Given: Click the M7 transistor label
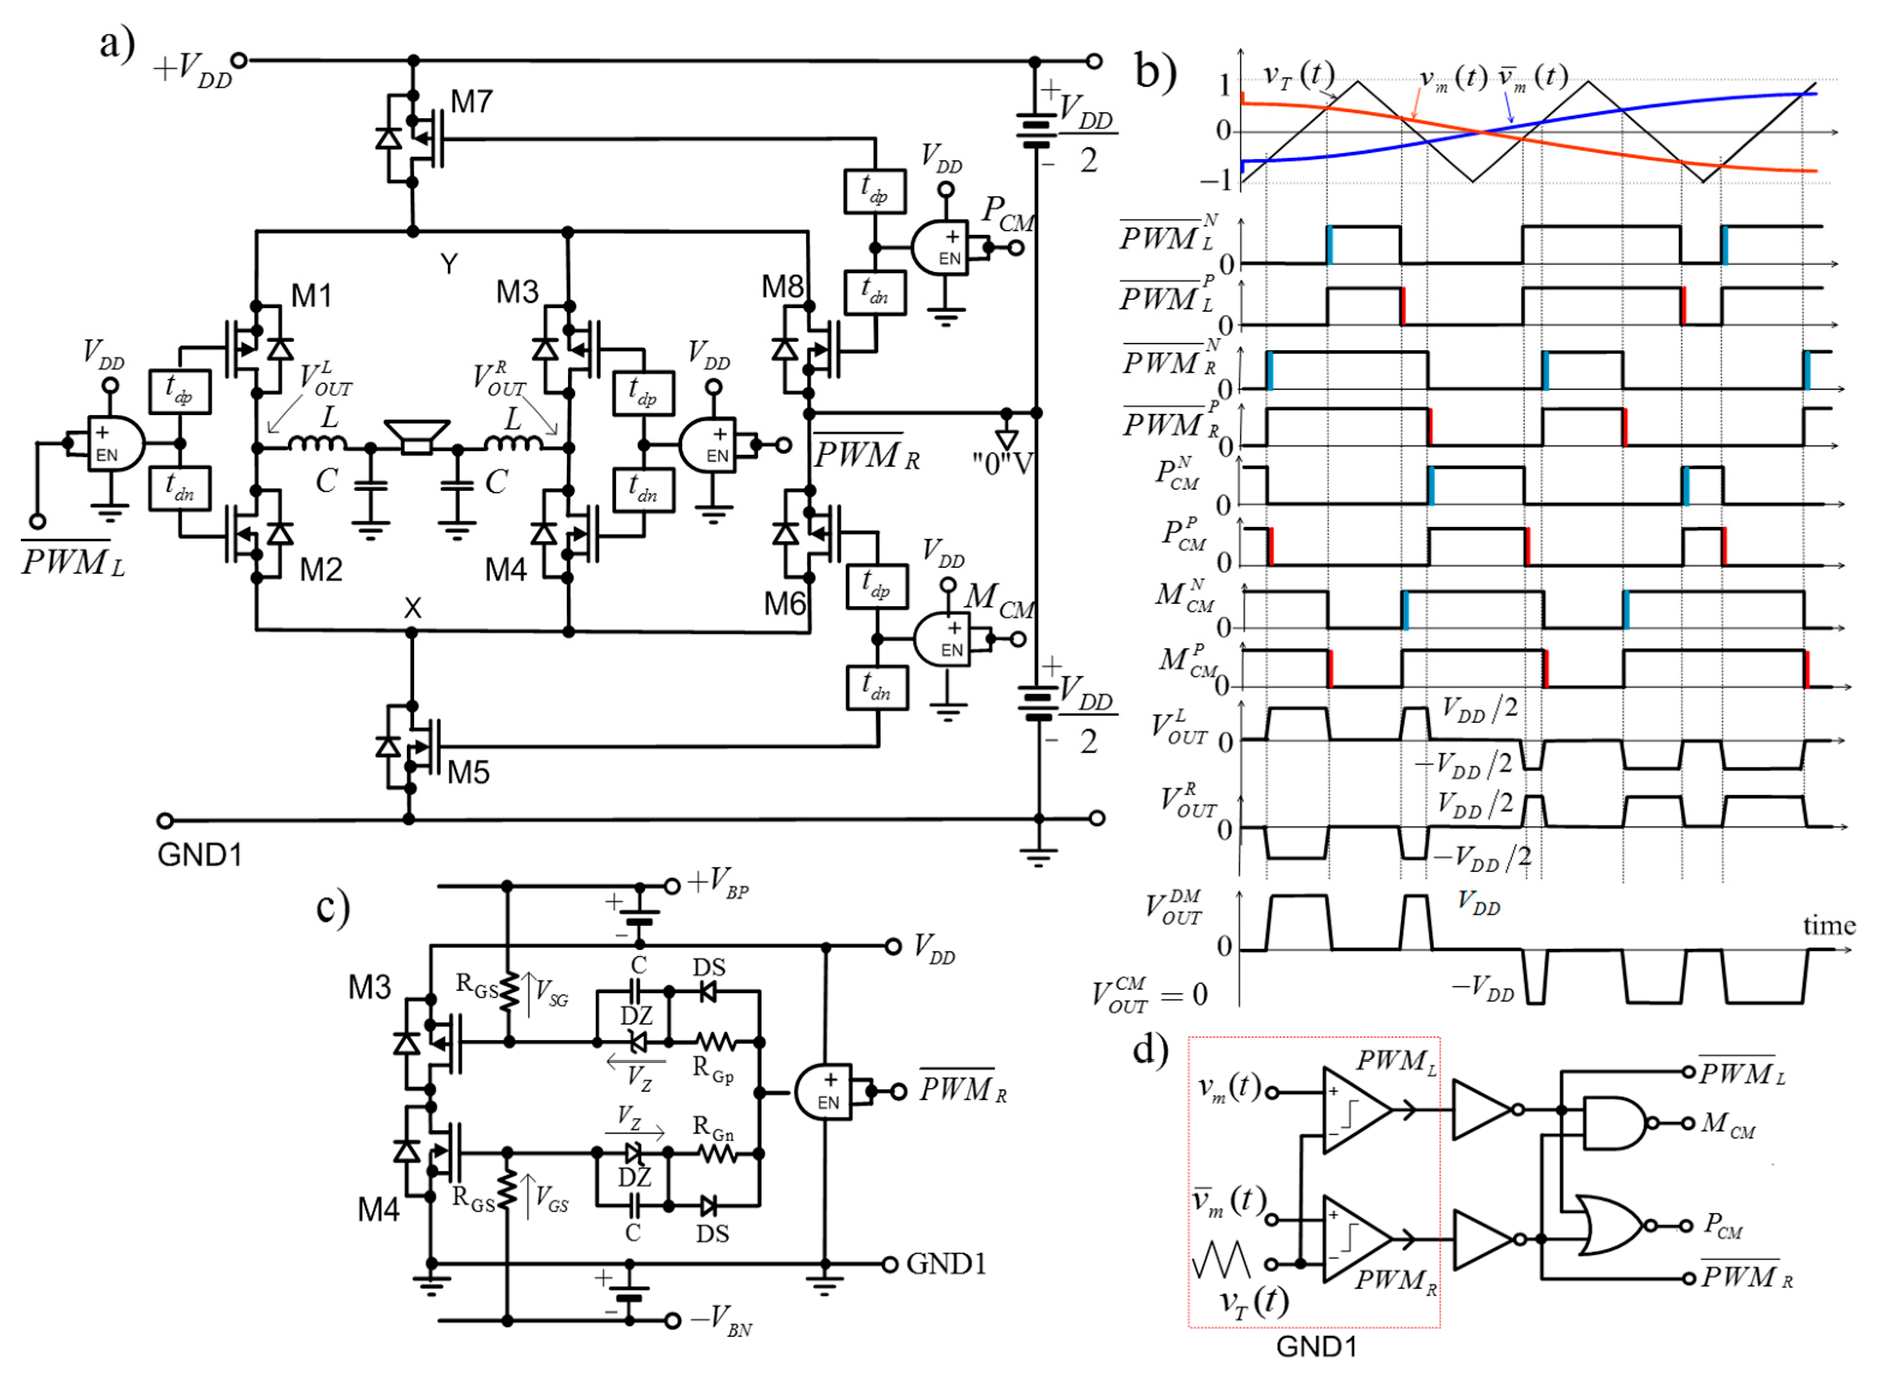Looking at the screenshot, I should pos(471,102).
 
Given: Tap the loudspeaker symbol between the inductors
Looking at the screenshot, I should pos(417,437).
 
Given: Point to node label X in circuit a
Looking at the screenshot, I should pos(412,608).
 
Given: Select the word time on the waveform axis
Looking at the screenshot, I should pos(1828,925).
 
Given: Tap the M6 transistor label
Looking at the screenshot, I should pos(784,604).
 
